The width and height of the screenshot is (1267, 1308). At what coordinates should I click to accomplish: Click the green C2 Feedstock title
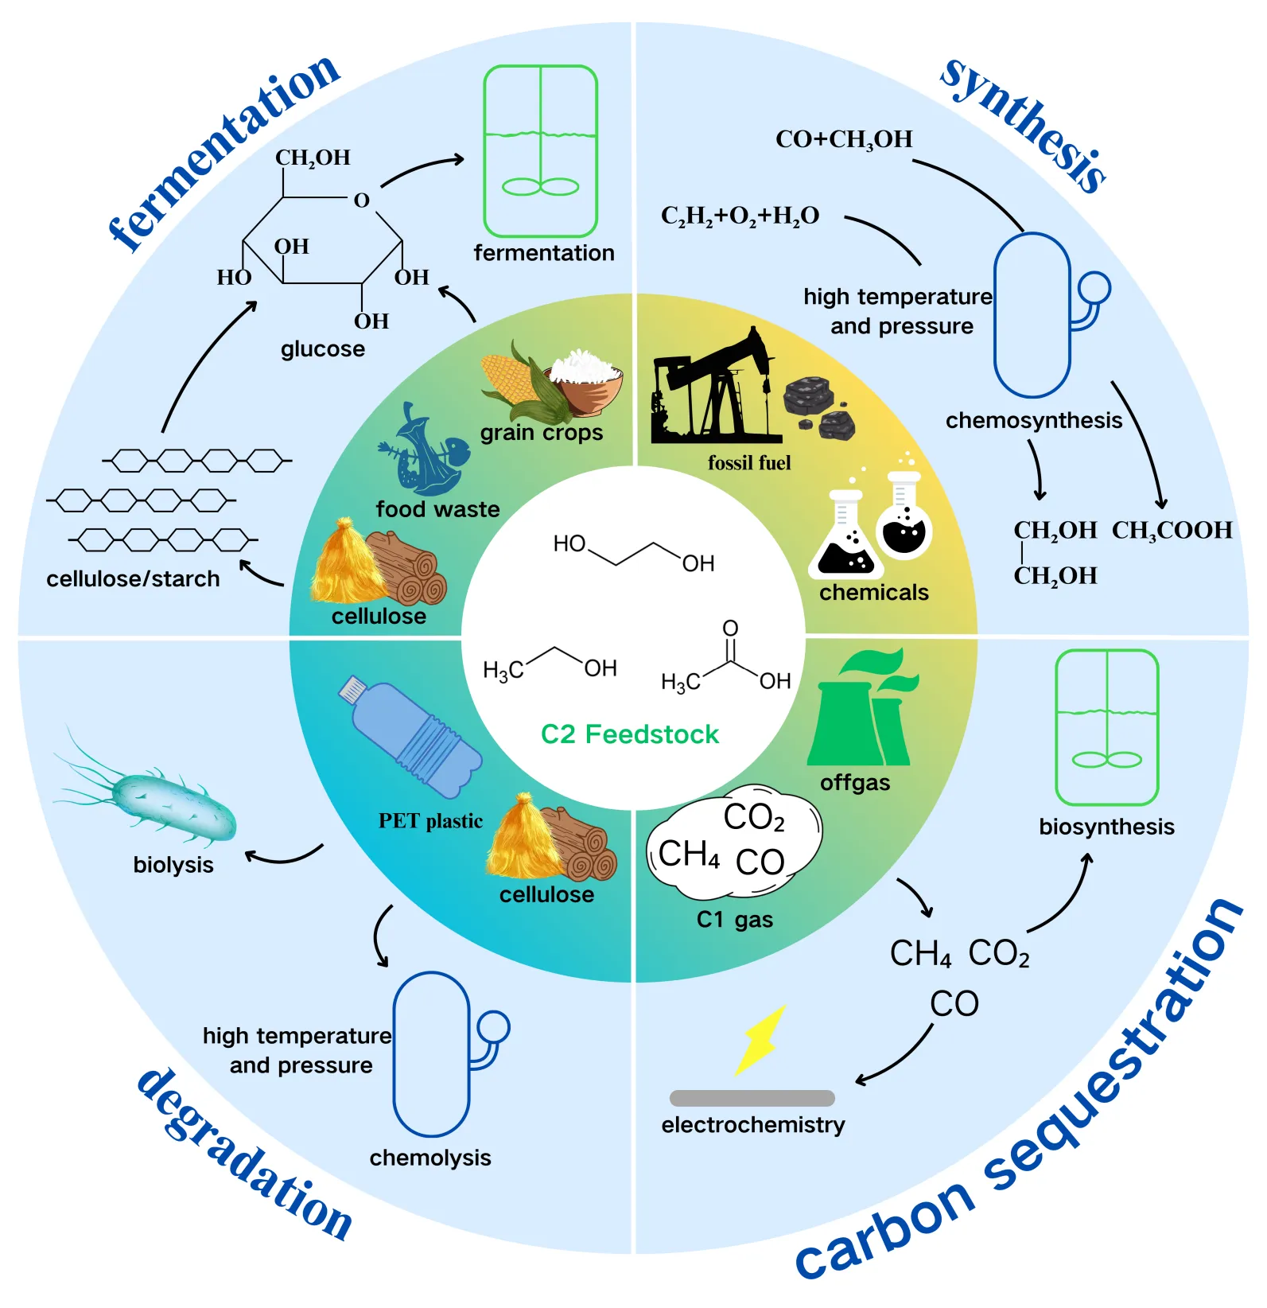[x=629, y=734]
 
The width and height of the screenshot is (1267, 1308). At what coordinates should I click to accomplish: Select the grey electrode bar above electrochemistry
[x=752, y=1098]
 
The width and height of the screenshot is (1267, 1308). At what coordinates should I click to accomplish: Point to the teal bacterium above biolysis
[x=171, y=805]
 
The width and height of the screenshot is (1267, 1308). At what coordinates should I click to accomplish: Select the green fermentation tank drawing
[x=540, y=151]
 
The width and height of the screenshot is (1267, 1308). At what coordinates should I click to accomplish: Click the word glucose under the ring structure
[x=323, y=349]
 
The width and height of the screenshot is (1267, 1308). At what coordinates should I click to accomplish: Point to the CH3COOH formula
[x=1172, y=531]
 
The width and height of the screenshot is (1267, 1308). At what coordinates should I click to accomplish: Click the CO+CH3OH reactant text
[x=844, y=140]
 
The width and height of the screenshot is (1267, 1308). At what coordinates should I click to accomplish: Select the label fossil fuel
[x=749, y=463]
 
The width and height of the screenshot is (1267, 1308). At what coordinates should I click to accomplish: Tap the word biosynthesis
[x=1106, y=827]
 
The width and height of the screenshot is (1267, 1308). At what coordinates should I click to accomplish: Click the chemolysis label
[x=430, y=1158]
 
